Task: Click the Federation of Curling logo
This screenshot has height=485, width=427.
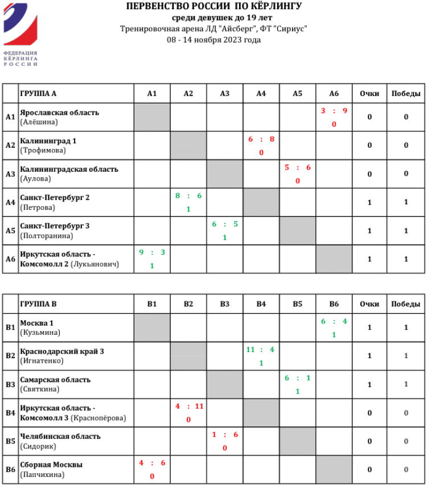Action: tap(20, 34)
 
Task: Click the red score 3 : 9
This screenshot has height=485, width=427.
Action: tap(334, 111)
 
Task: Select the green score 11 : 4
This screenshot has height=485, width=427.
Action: tap(261, 350)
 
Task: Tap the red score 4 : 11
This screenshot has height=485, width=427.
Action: tap(188, 406)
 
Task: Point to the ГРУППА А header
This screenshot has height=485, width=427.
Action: tap(38, 94)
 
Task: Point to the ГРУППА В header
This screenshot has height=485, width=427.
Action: tap(38, 304)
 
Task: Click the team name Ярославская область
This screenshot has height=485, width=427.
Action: tap(59, 112)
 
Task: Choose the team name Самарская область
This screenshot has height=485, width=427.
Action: tap(55, 379)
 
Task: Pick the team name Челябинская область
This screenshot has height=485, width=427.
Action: tap(60, 436)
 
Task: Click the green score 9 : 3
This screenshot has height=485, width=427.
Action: tap(152, 252)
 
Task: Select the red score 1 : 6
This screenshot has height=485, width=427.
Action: tap(225, 434)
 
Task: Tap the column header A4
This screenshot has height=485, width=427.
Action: tap(261, 94)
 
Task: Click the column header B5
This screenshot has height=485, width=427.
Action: tap(297, 304)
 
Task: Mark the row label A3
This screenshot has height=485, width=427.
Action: tap(10, 173)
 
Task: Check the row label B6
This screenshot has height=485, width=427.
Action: tap(10, 469)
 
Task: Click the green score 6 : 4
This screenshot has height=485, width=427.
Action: tap(334, 321)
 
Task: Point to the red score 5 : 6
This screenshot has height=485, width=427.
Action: tap(297, 167)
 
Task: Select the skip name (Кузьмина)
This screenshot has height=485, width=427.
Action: tap(40, 332)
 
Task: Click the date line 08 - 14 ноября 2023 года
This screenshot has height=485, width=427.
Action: tap(213, 40)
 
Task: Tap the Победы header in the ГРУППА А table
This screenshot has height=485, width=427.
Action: tap(406, 94)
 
